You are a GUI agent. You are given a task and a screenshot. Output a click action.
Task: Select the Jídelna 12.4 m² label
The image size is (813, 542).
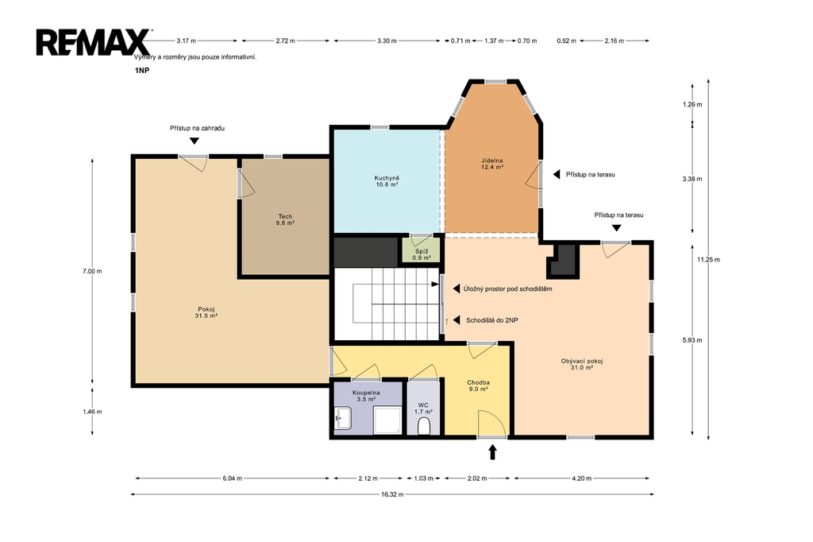click(x=492, y=164)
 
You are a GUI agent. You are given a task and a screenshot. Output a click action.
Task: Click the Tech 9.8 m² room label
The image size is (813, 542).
click(x=285, y=219)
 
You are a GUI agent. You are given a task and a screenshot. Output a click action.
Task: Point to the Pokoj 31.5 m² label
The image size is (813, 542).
click(x=206, y=312)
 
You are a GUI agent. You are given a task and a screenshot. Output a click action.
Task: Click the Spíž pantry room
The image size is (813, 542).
click(x=422, y=250)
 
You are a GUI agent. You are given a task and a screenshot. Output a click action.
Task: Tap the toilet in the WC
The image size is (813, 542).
click(x=424, y=427)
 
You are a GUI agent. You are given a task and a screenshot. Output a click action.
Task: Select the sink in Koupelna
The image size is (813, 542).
click(x=343, y=418)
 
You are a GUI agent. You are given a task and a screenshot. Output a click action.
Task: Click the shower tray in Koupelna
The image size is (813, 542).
click(x=387, y=420)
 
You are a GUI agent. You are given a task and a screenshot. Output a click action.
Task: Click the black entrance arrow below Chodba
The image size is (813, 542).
click(x=492, y=451)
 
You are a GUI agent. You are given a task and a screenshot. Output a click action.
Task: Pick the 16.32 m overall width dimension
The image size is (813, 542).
click(x=392, y=494)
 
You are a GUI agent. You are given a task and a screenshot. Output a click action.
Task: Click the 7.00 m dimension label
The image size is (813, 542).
click(x=92, y=271)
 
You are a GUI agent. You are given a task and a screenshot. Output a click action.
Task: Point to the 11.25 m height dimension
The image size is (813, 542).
click(x=708, y=260)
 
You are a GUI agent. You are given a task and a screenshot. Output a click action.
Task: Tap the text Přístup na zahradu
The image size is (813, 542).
click(x=197, y=128)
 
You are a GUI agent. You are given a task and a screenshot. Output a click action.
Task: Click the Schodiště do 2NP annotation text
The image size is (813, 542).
click(x=491, y=320)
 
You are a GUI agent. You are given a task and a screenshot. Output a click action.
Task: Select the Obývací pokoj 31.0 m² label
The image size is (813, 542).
click(x=582, y=364)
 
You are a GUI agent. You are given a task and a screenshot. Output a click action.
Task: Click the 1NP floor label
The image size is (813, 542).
click(x=141, y=71)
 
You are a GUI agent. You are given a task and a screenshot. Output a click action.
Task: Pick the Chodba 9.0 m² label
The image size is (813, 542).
click(x=478, y=385)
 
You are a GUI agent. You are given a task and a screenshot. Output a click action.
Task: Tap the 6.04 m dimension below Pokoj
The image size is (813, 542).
click(x=233, y=478)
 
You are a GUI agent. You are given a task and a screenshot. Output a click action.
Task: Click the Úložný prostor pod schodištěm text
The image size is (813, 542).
click(x=507, y=288)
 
